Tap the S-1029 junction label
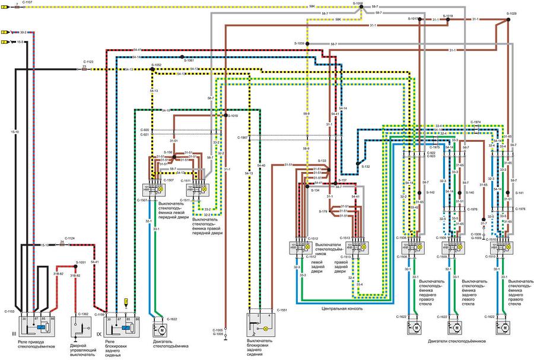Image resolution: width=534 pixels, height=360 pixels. (x=511, y=13)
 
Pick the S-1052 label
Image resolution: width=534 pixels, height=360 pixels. (x=156, y=64)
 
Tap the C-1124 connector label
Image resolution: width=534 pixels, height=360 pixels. (x=69, y=238)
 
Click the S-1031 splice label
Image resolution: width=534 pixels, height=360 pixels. (x=81, y=262)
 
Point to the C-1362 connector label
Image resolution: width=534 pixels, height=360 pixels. (x=83, y=314)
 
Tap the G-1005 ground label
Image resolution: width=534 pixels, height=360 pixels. (x=218, y=334)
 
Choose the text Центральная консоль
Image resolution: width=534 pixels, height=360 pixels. (x=342, y=309)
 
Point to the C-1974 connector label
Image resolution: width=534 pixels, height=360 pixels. (x=475, y=122)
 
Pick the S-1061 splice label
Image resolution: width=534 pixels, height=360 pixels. (x=189, y=60)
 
